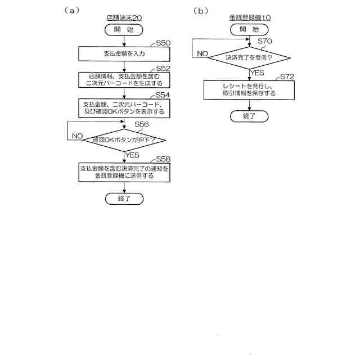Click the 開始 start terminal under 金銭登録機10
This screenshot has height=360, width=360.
pyautogui.click(x=250, y=30)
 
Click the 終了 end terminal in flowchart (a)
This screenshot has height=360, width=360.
pyautogui.click(x=124, y=199)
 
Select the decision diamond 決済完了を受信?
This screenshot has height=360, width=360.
pyautogui.click(x=250, y=57)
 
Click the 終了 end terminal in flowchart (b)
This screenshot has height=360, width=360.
pyautogui.click(x=250, y=116)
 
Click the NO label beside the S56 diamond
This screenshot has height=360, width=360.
pyautogui.click(x=77, y=136)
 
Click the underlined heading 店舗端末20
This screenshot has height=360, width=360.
pyautogui.click(x=124, y=18)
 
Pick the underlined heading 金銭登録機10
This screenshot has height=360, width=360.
pyautogui.click(x=250, y=18)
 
